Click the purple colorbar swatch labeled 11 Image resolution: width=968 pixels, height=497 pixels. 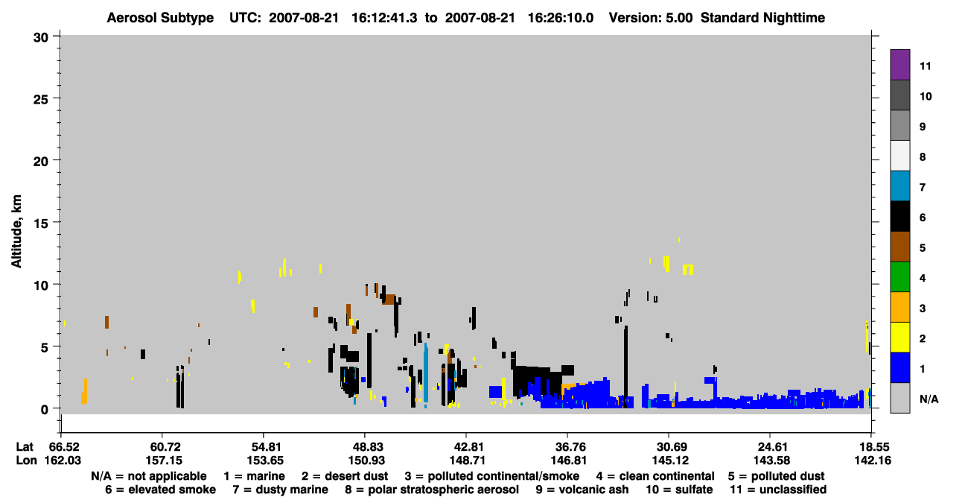pos(899,65)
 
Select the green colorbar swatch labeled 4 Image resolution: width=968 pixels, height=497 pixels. pos(899,277)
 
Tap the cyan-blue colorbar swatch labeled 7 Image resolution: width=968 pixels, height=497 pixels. pos(899,186)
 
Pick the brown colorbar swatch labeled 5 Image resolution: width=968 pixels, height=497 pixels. pos(899,247)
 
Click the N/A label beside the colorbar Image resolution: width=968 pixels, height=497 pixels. pos(929,399)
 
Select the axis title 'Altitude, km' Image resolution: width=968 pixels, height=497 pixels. pos(16,232)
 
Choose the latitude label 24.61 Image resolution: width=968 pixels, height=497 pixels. pos(772,447)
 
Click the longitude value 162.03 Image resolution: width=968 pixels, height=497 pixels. pos(63,460)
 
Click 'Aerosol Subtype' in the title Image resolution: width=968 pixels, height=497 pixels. pos(160,18)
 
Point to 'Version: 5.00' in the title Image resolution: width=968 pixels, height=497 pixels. pos(651,18)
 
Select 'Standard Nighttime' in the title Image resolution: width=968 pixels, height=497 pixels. pos(762,18)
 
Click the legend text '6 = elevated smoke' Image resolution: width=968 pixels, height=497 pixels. pos(160,490)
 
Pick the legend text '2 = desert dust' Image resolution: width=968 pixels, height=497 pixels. pos(345,476)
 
